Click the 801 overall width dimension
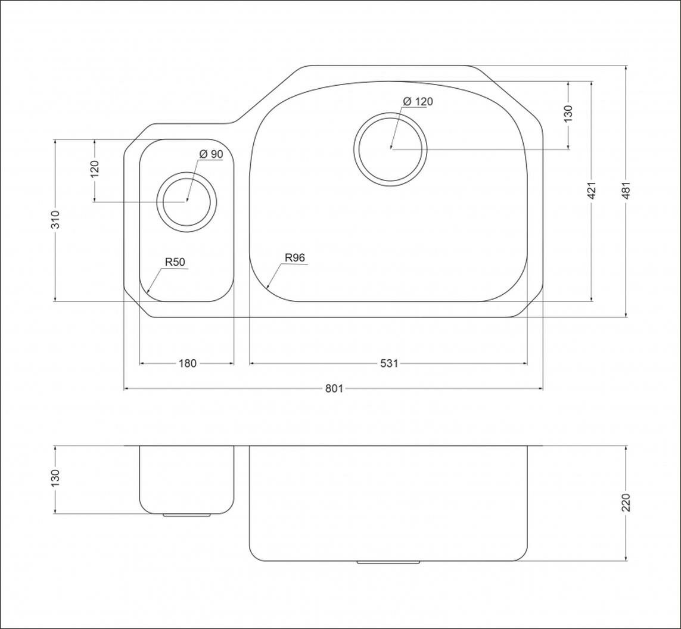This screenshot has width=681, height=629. [334, 388]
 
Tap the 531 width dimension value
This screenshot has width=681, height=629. [389, 363]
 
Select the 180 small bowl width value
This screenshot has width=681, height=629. [188, 363]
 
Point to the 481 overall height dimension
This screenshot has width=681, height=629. [626, 190]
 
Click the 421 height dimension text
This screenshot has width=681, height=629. [592, 190]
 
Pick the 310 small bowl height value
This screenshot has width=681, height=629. [55, 219]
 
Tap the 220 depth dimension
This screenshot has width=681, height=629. [626, 502]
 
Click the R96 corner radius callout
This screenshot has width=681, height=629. [295, 257]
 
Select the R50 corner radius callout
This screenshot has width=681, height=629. [175, 261]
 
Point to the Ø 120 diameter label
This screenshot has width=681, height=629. [418, 102]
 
